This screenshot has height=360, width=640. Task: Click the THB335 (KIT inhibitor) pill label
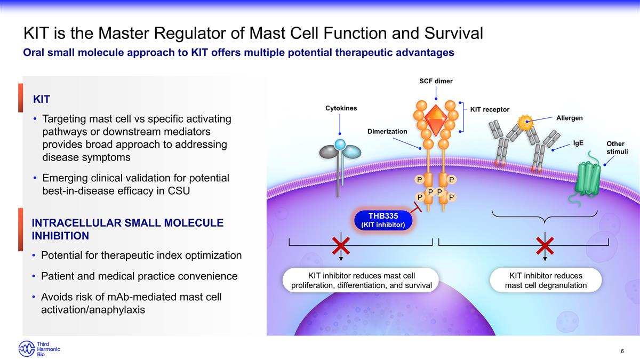383,220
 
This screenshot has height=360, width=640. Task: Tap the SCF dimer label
436,81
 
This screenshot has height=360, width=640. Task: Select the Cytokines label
341,108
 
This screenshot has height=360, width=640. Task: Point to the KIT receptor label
490,109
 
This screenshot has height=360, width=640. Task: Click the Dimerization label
387,131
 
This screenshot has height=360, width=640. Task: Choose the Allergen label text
570,117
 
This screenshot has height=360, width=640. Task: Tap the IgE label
578,143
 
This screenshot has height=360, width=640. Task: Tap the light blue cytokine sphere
340,144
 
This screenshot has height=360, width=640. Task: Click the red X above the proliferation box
341,246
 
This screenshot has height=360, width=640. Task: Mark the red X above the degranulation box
545,246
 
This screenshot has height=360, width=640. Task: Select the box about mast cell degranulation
546,281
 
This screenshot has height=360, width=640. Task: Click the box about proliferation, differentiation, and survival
362,281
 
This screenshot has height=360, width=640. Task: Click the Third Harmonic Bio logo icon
27,349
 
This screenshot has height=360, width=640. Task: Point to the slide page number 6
622,350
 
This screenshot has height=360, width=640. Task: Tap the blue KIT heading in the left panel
42,99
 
